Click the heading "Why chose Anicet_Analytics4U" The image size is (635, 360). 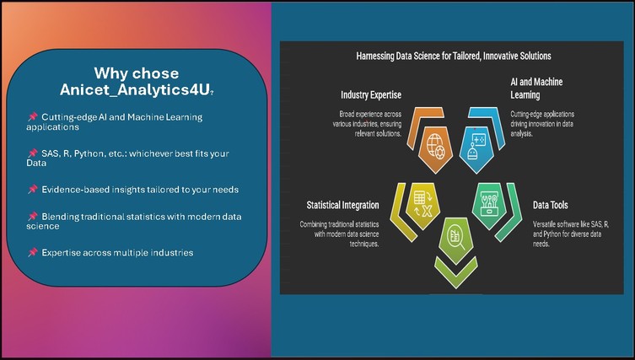(x=137, y=82)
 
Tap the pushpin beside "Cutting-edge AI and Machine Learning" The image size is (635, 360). (x=32, y=116)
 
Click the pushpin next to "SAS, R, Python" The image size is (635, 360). (x=32, y=153)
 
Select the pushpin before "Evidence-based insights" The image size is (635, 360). (x=32, y=189)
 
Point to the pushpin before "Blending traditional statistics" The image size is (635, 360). (x=32, y=216)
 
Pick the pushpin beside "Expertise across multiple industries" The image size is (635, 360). (x=32, y=252)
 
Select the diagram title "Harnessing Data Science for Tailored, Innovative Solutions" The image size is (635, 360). (x=454, y=56)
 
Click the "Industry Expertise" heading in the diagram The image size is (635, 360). (x=371, y=94)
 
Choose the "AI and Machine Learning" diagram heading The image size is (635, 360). (x=536, y=89)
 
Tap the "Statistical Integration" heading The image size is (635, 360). (x=342, y=205)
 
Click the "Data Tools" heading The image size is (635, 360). (x=551, y=205)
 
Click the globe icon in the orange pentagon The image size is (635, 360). (x=435, y=146)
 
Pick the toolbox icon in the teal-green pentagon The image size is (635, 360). (x=489, y=203)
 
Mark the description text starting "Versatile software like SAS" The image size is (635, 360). (x=571, y=234)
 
